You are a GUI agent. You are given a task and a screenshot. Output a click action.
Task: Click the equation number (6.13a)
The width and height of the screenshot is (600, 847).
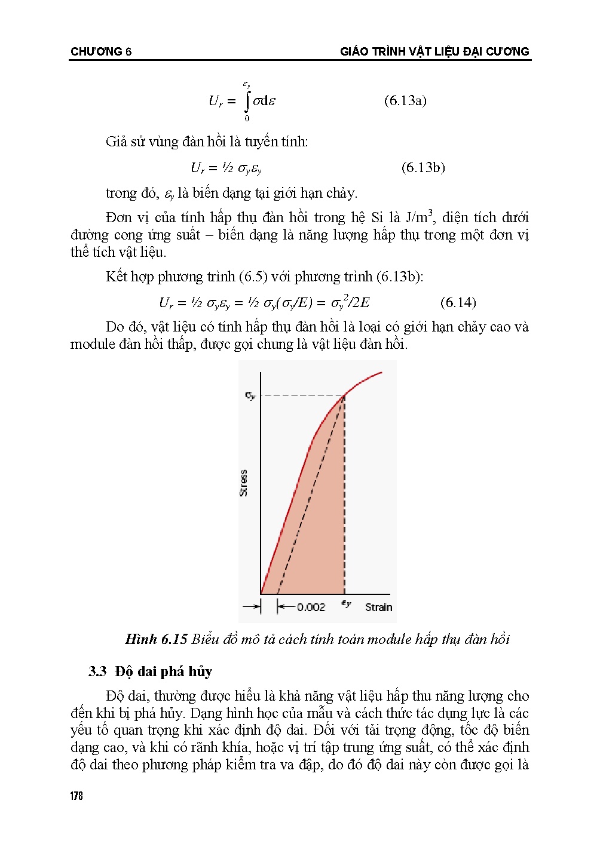click(405, 100)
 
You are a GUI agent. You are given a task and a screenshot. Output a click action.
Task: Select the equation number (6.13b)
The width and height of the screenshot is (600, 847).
click(423, 167)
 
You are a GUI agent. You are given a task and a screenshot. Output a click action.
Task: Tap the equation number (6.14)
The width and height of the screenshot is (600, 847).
click(458, 302)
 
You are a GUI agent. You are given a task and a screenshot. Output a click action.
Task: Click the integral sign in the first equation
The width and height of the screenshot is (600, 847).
click(247, 101)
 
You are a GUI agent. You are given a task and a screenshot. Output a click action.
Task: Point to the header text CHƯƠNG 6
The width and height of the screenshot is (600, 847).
click(101, 51)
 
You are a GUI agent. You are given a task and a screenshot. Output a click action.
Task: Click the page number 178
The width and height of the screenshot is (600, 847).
click(76, 796)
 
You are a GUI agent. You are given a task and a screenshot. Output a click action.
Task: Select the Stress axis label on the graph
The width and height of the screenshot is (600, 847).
click(243, 483)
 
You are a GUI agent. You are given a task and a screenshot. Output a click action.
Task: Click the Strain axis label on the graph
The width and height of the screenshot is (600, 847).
click(378, 607)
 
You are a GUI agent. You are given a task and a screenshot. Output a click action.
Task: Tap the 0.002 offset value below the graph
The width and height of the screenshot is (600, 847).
click(311, 607)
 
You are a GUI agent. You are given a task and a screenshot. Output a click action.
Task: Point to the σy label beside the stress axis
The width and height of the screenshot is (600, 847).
click(250, 395)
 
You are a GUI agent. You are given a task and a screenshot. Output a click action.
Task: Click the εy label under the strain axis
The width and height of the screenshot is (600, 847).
click(346, 604)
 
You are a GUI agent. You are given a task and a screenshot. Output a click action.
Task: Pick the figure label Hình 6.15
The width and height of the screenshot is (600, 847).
click(156, 639)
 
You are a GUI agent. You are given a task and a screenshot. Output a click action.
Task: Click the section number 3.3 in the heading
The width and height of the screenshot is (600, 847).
click(97, 671)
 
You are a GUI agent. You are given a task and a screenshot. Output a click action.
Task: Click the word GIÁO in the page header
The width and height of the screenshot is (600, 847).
click(354, 51)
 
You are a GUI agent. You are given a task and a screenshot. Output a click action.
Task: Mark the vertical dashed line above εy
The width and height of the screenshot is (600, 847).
click(344, 496)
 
